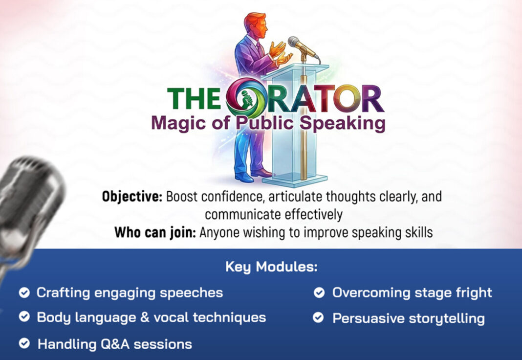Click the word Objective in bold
132,197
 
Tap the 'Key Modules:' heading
271,267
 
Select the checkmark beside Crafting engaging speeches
24,292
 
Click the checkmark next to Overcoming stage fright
319,292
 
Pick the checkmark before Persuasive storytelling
318,317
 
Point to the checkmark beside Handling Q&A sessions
24,343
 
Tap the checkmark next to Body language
24,316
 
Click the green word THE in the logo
194,98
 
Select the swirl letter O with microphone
246,96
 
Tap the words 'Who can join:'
155,232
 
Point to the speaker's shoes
253,175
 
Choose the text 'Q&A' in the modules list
115,344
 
